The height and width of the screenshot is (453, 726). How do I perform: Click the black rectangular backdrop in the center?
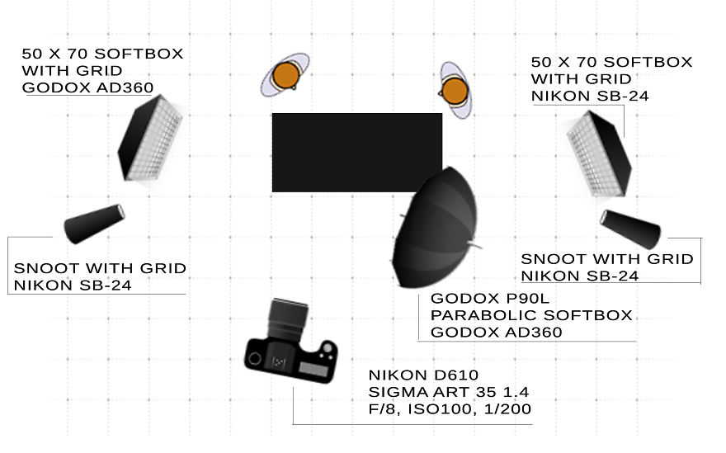tap(356, 152)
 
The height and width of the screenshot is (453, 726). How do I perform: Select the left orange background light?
tap(285, 75)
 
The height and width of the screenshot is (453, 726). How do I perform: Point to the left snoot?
tap(94, 224)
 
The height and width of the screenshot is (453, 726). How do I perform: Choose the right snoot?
tap(631, 228)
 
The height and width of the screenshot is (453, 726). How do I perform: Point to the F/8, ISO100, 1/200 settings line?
tap(450, 409)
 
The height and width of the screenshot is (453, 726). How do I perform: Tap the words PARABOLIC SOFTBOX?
tap(531, 316)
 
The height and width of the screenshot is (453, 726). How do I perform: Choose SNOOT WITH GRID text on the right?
tap(606, 259)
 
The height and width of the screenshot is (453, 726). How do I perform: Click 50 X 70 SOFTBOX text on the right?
tap(611, 63)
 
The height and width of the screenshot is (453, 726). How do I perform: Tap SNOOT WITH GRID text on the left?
tap(100, 269)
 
